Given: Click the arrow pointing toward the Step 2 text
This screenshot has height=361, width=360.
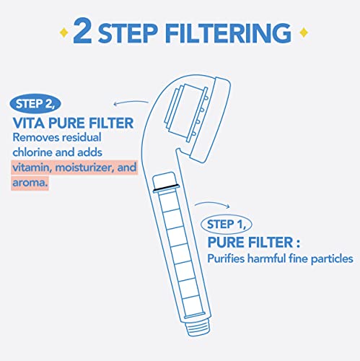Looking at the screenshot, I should pyautogui.click(x=131, y=105).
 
